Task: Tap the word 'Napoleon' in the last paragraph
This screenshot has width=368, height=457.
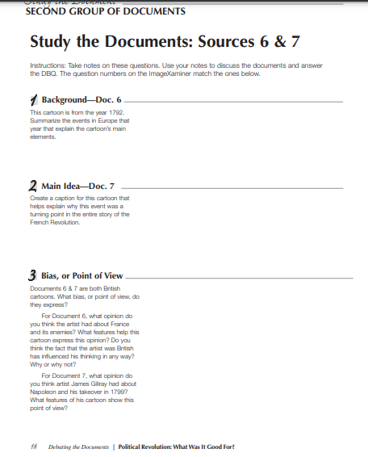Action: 43,391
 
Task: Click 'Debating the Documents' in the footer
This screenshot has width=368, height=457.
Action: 75,445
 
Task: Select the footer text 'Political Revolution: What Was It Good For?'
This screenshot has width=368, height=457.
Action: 176,445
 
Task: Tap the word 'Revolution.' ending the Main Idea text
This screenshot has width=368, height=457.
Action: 65,222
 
